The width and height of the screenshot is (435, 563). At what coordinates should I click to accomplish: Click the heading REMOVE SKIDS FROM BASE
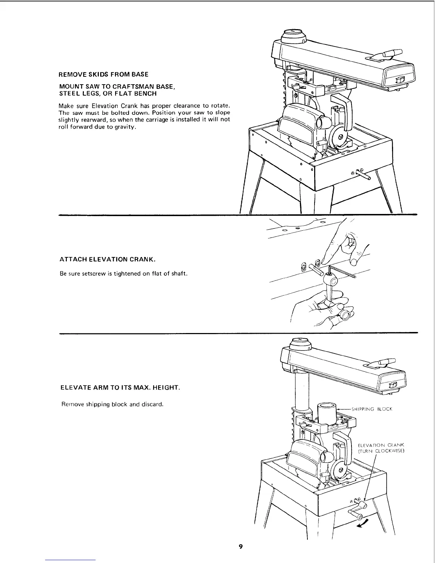103,75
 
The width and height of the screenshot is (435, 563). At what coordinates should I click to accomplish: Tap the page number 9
241,546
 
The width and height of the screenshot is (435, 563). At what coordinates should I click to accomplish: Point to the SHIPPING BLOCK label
371,409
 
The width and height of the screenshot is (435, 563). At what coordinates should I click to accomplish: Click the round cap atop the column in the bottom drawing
301,343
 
